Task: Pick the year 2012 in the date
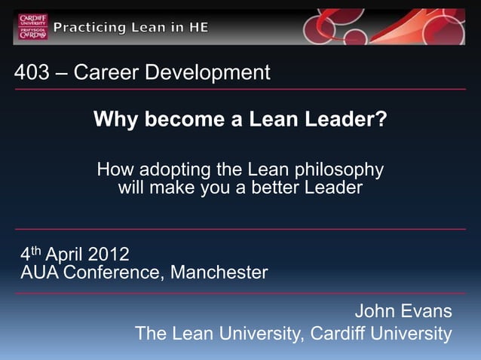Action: (108, 254)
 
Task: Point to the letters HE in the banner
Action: (198, 28)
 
